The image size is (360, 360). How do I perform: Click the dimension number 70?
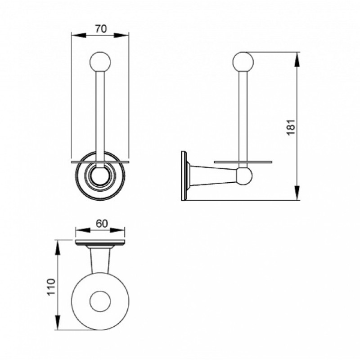(x=101, y=29)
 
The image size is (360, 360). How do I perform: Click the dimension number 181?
(x=291, y=127)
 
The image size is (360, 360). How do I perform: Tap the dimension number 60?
(x=102, y=224)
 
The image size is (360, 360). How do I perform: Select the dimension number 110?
(x=51, y=287)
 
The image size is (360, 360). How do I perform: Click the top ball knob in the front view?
(x=100, y=62)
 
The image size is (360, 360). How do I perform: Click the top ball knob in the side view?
(x=243, y=62)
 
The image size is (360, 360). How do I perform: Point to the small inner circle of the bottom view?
(x=100, y=301)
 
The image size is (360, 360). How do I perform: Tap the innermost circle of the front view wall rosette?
(x=100, y=176)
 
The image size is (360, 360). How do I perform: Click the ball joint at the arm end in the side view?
(x=244, y=176)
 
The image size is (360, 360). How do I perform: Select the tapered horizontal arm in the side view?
(x=213, y=175)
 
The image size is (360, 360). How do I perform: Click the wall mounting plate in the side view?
(x=184, y=175)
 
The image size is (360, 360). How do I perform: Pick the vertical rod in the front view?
(x=100, y=119)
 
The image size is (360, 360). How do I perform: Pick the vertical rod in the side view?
(x=243, y=119)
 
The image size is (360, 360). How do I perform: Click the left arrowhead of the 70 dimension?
(x=79, y=36)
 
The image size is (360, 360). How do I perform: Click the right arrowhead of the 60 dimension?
(x=117, y=230)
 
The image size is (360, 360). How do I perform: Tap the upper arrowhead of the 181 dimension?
(x=297, y=59)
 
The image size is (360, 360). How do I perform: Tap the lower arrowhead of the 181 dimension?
(x=297, y=193)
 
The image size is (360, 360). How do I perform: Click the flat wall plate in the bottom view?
(x=100, y=242)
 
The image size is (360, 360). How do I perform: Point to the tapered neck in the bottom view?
(x=100, y=261)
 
